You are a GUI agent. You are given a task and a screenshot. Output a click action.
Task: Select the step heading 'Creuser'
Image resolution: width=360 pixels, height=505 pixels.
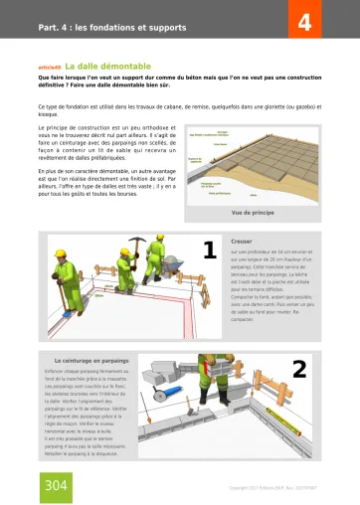pyautogui.click(x=242, y=242)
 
